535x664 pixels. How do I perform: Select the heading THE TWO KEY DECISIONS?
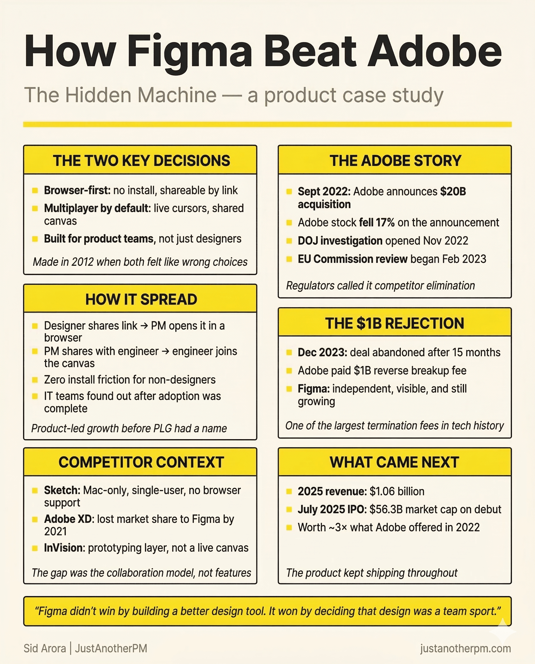142,161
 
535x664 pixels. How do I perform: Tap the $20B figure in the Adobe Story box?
453,191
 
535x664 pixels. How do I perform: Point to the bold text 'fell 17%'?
376,222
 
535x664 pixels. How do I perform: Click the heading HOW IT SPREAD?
141,299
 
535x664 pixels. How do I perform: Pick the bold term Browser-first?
77,190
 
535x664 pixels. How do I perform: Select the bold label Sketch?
62,490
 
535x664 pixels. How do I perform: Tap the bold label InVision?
64,548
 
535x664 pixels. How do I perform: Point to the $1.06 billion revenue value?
397,491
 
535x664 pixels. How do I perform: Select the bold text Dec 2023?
322,352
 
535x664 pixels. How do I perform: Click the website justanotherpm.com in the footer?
465,648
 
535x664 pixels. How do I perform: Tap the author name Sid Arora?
45,648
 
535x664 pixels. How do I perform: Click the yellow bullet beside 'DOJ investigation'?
289,241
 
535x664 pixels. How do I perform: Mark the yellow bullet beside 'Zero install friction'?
35,380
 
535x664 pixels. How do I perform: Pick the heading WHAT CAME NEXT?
394,462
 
